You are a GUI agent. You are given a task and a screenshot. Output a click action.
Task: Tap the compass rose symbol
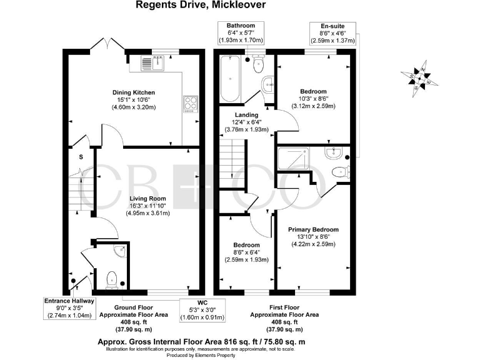420,77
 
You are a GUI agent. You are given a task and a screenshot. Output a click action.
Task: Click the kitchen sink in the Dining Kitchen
151,63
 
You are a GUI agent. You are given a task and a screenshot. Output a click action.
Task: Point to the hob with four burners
191,104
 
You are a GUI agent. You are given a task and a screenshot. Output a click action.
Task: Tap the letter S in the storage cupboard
81,156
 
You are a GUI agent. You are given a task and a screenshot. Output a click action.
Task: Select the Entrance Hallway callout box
69,308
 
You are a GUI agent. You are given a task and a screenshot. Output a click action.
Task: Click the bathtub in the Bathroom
231,80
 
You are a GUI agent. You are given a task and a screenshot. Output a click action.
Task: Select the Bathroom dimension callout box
241,32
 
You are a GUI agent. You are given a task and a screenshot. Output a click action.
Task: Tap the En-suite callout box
333,33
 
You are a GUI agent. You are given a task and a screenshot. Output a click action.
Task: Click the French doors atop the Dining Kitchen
107,46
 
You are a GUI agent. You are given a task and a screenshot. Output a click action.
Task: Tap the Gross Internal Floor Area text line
201,342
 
